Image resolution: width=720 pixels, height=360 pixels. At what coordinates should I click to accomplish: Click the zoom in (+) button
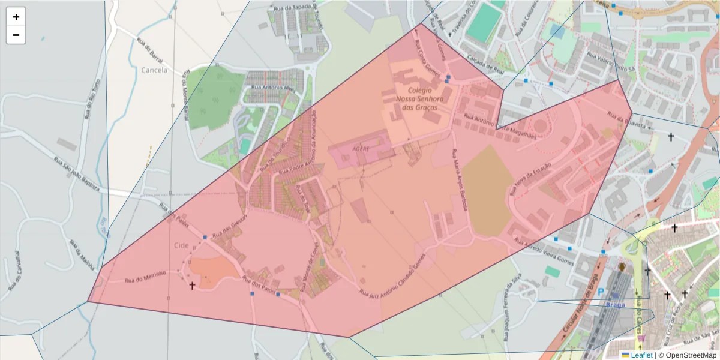pos(16,17)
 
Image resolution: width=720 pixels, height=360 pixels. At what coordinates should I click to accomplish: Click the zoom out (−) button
pos(16,35)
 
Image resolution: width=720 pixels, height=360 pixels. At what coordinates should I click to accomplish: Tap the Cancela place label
pos(154,70)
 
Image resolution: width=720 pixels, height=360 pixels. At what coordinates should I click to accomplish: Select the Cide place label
pos(181,245)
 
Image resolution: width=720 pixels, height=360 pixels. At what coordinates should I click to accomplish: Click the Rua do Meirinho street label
pos(145,278)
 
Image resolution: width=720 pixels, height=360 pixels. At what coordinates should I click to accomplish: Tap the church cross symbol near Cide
pos(193,286)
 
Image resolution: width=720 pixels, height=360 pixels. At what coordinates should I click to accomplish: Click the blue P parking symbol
pos(601,292)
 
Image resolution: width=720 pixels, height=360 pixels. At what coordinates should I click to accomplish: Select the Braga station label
pos(616,304)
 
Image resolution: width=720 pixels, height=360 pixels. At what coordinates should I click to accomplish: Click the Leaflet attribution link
pos(641,355)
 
